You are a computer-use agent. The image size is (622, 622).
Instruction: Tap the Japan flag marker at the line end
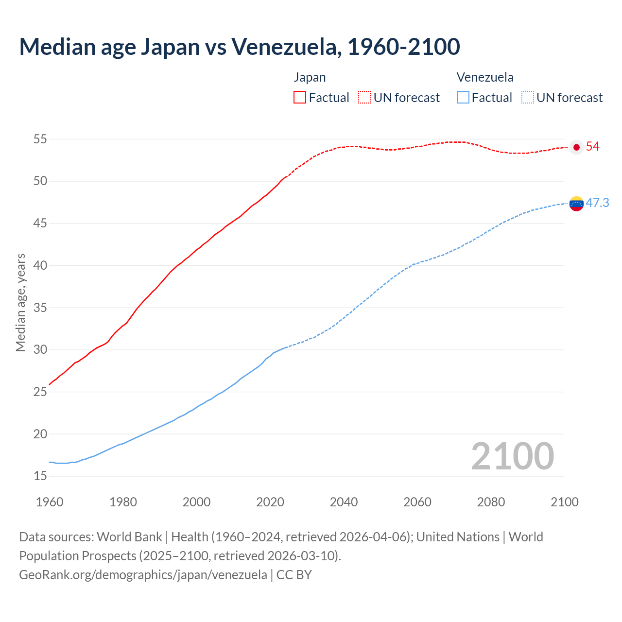click(576, 147)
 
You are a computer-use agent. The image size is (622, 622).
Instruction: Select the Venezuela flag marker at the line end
click(576, 204)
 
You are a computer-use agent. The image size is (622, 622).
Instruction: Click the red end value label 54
click(593, 147)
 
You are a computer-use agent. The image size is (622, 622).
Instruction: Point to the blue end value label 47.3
click(597, 203)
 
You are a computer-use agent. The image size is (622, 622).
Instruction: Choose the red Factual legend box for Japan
click(300, 98)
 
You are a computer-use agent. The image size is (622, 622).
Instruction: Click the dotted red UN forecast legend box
click(364, 98)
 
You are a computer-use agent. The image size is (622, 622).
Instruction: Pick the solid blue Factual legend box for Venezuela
click(463, 98)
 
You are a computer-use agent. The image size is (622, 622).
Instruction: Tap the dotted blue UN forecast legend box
click(528, 98)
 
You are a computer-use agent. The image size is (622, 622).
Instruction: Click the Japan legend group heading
click(310, 78)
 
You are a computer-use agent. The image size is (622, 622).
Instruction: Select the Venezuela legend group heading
click(485, 78)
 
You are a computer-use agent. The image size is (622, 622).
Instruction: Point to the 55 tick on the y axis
click(40, 139)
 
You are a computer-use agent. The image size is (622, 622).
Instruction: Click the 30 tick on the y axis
click(40, 350)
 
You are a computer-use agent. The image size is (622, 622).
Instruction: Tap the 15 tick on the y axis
click(40, 476)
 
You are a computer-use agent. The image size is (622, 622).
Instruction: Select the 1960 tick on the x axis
click(50, 502)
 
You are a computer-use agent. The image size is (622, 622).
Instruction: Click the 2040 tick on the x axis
click(344, 502)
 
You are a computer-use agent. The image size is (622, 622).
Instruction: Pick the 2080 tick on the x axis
click(491, 502)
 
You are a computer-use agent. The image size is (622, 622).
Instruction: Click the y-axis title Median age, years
click(20, 302)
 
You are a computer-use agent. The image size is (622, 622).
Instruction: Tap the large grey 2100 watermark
click(513, 456)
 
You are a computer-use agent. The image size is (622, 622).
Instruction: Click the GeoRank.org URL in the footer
click(143, 575)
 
